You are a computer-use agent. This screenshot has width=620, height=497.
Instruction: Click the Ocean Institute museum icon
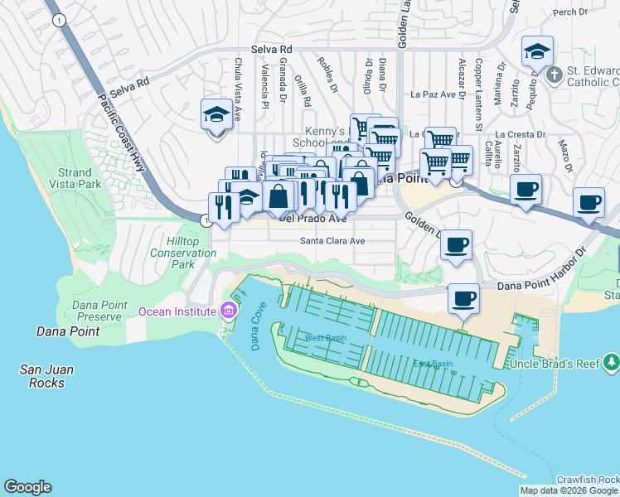(x=229, y=311)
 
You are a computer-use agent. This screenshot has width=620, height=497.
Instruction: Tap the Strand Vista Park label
(x=75, y=177)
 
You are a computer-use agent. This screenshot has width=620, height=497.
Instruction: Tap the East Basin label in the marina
(x=433, y=364)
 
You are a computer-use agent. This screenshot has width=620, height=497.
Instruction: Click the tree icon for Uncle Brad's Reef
(x=611, y=361)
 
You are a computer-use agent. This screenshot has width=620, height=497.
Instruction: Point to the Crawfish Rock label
(x=587, y=480)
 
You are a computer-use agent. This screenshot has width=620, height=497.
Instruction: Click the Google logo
(x=27, y=487)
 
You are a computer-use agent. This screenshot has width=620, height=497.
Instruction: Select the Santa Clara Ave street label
(x=332, y=241)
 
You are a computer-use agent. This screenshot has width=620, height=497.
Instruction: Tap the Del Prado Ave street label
(x=312, y=220)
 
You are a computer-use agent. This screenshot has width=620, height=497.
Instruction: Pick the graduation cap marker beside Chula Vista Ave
(x=216, y=115)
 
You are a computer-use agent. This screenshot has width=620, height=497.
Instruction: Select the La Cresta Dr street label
(x=521, y=134)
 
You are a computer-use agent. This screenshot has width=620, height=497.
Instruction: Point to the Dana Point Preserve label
(x=99, y=311)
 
